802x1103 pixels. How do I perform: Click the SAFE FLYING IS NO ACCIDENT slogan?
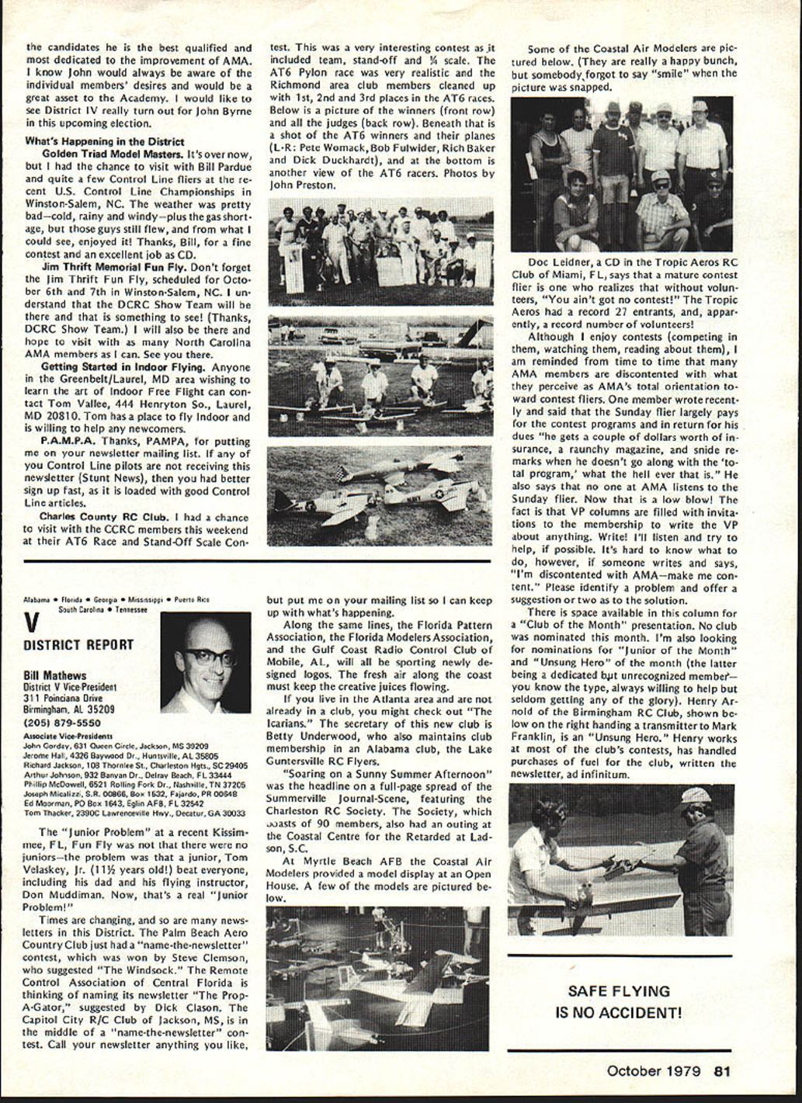(x=619, y=1001)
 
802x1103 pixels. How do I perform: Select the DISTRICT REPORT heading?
(x=78, y=644)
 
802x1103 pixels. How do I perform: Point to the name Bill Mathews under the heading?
(x=55, y=675)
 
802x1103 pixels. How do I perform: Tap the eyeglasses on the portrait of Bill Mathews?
(x=208, y=657)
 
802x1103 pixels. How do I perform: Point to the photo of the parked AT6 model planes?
(x=380, y=495)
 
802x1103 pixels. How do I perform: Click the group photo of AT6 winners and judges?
(x=380, y=250)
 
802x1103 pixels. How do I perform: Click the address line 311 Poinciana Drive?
(x=68, y=698)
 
